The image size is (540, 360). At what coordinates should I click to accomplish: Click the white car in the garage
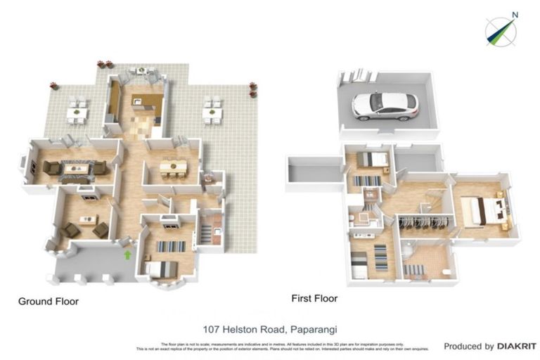point(385,105)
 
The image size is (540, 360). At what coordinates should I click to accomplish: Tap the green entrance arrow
point(127,255)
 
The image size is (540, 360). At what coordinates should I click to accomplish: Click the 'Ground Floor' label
point(48,302)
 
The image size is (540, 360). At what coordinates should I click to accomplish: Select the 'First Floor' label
point(314,298)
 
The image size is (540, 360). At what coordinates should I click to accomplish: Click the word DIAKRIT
point(517,347)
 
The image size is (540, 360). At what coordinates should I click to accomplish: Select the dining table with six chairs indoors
point(172,167)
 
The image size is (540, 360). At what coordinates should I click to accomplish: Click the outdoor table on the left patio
point(77,111)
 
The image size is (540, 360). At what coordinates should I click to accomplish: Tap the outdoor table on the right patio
point(212,111)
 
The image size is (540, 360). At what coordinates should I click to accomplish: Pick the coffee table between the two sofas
point(77,169)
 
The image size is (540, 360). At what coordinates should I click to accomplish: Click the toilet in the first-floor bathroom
point(448,271)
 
